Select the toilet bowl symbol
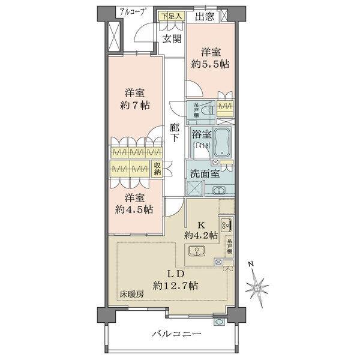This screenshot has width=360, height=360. point(206,111)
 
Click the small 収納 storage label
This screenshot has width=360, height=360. point(157,169)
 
